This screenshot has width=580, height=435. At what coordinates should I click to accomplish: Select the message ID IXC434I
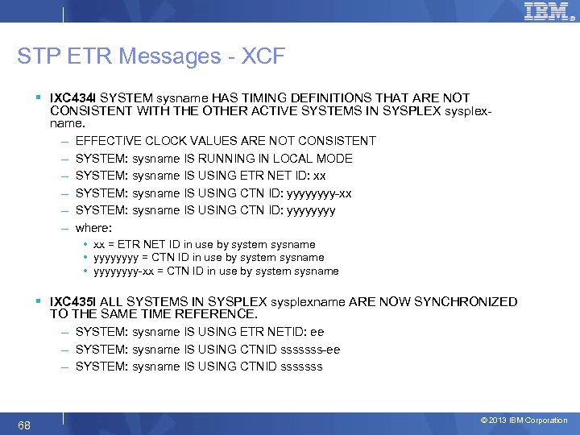point(73,97)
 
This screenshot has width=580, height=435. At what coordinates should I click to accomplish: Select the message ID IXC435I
point(73,302)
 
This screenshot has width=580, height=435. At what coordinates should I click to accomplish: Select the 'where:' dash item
point(93,228)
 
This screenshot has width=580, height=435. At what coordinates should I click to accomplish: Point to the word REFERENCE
point(215,313)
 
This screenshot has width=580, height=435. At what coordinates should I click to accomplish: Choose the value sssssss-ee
point(309,350)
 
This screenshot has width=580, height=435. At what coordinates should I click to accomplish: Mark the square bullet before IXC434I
point(39,97)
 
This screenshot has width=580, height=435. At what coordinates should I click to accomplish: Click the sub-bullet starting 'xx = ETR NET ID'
point(204,244)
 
